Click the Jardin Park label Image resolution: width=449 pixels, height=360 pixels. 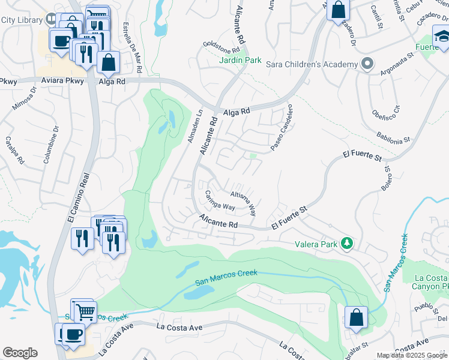240,60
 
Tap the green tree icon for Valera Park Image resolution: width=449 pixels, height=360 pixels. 346,243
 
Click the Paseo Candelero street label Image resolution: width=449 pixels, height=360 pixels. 281,128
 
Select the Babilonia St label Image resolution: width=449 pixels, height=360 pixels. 394,137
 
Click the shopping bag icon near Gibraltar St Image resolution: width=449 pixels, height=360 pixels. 357,316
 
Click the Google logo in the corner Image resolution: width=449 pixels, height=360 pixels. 20,353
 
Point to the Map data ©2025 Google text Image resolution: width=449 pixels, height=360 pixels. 412,355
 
